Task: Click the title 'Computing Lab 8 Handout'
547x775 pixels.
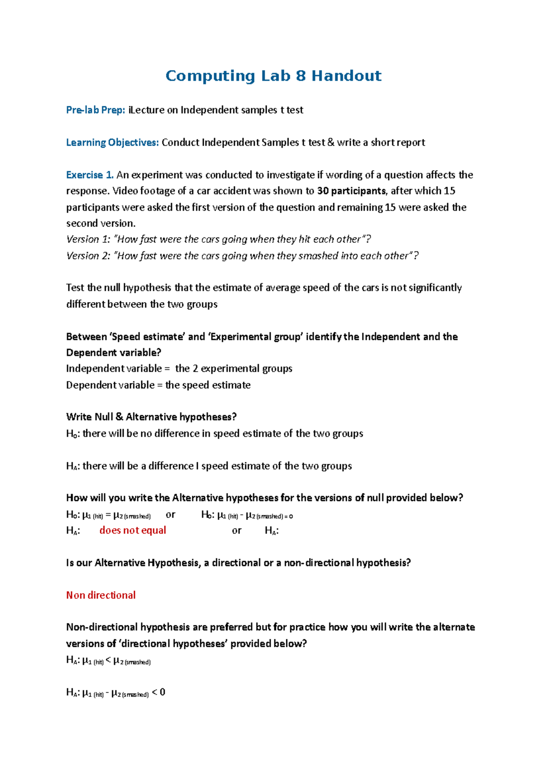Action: (x=273, y=76)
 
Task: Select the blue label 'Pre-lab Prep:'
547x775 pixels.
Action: (x=95, y=110)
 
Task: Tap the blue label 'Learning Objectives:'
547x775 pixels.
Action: (x=112, y=142)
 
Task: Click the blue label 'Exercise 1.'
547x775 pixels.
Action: (x=89, y=175)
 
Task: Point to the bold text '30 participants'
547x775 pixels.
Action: (x=351, y=191)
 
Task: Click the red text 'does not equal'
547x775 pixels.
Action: (x=133, y=530)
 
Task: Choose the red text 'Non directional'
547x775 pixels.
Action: (x=101, y=595)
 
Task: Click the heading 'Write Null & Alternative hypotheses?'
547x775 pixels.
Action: (x=151, y=417)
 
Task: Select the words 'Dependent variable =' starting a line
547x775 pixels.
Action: (x=114, y=385)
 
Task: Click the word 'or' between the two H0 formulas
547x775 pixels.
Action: (x=170, y=515)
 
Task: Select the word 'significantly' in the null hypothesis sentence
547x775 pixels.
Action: (x=435, y=288)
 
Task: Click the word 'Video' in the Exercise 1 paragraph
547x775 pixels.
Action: (x=124, y=191)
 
